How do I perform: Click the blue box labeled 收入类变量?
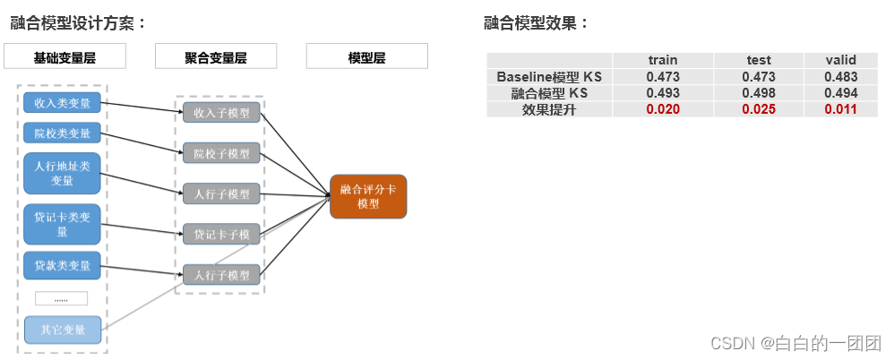[x=62, y=104]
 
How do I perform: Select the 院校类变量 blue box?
[x=62, y=134]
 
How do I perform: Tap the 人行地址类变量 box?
[x=62, y=174]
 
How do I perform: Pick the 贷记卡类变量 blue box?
[x=62, y=224]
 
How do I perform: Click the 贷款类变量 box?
[x=62, y=266]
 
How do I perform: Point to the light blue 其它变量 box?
[x=62, y=330]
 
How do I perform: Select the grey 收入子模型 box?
[x=221, y=112]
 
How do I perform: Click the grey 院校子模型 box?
[x=221, y=153]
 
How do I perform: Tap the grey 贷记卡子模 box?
[x=221, y=235]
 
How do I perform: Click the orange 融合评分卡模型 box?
[x=368, y=197]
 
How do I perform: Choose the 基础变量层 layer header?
[x=64, y=57]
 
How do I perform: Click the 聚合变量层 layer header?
[x=216, y=57]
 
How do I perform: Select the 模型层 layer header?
[x=366, y=57]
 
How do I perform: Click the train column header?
[x=663, y=60]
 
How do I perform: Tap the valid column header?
[x=841, y=60]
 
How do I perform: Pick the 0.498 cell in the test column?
[x=758, y=93]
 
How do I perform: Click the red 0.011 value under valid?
[x=841, y=109]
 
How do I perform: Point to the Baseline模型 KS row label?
[x=549, y=77]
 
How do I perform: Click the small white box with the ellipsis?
[x=61, y=298]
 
